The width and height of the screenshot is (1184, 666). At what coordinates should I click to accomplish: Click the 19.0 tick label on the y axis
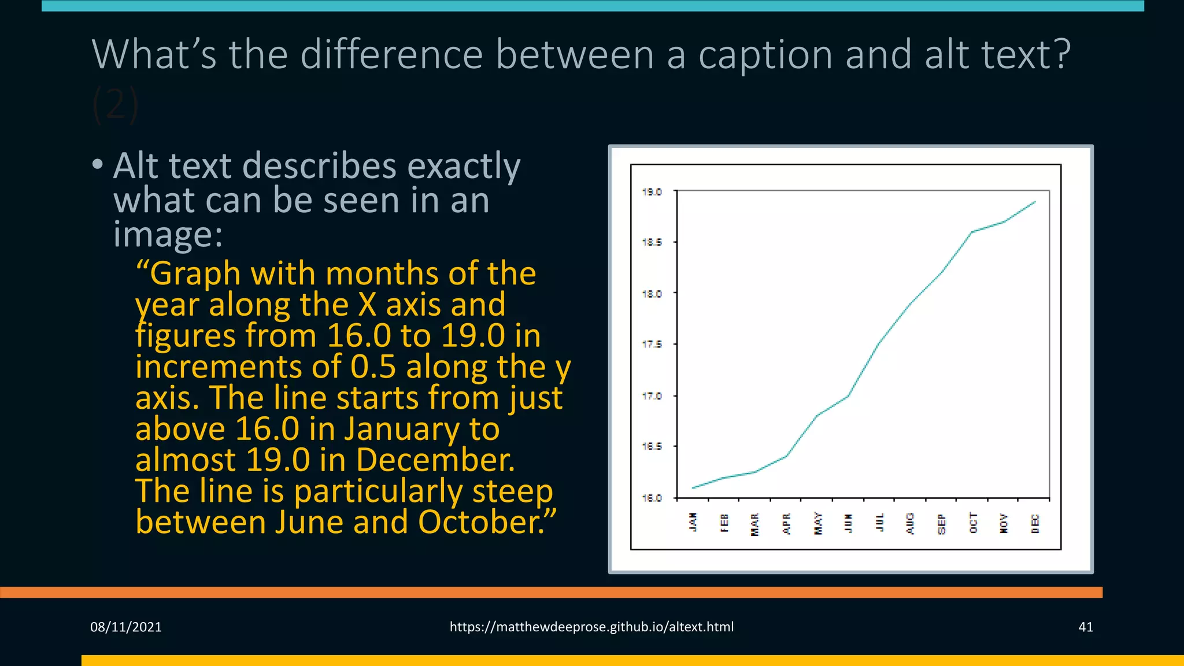(652, 191)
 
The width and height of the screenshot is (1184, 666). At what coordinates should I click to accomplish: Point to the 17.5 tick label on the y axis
(652, 344)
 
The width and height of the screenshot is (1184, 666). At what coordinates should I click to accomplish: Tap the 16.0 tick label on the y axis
(652, 498)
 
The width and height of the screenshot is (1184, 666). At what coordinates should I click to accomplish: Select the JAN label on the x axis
(693, 522)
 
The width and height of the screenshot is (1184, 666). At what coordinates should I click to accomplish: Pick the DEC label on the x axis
(1035, 523)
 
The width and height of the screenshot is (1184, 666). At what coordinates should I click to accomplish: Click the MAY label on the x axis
(817, 523)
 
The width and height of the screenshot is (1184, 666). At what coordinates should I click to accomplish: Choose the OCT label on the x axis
(973, 523)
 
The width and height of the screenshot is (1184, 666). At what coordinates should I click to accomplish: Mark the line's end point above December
(1035, 202)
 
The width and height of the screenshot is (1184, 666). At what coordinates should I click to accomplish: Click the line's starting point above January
(693, 488)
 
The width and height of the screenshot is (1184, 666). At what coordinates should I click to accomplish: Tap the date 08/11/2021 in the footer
(126, 627)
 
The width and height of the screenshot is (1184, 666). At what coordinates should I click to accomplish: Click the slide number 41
(1086, 627)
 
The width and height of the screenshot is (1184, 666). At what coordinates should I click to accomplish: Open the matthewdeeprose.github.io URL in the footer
(591, 627)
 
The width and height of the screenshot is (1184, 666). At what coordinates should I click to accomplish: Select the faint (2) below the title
(116, 105)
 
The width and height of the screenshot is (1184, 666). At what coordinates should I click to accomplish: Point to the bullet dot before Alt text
(98, 165)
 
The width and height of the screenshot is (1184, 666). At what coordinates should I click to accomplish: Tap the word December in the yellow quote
(435, 460)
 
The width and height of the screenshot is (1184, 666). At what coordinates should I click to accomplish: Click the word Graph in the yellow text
(195, 273)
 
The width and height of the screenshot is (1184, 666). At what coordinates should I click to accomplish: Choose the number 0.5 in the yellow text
(373, 367)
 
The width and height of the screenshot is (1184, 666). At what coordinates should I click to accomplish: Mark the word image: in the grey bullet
(168, 234)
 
